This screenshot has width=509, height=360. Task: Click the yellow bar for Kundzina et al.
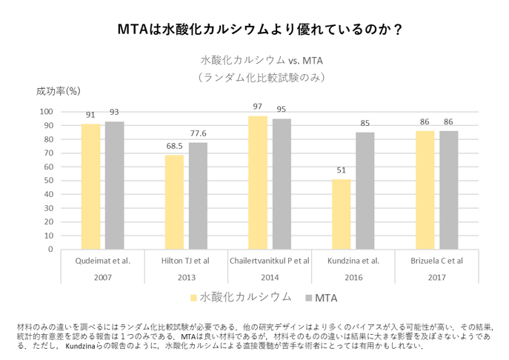(x=342, y=214)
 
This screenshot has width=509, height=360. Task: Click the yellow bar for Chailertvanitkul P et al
(x=258, y=182)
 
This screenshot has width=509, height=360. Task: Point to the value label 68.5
(x=175, y=146)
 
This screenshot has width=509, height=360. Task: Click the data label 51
(x=342, y=170)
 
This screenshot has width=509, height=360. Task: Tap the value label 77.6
(x=199, y=133)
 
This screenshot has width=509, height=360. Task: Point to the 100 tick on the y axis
(x=46, y=112)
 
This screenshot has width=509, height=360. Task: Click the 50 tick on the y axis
(x=48, y=181)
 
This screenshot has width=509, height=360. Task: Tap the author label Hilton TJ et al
(x=186, y=261)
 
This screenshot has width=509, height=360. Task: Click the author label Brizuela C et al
(x=437, y=261)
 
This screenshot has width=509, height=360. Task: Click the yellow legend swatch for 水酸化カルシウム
(x=194, y=298)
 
